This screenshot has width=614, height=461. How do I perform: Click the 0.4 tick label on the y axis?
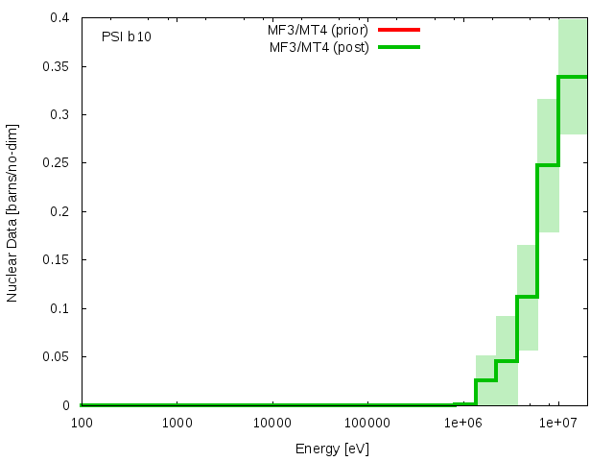[x=60, y=18]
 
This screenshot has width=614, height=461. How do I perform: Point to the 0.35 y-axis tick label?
[x=57, y=66]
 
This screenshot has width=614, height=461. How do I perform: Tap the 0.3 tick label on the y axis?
[x=60, y=115]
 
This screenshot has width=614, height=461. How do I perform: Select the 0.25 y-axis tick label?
[x=57, y=163]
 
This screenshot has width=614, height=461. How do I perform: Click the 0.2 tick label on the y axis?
[x=60, y=211]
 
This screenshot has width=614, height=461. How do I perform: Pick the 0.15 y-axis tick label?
[x=57, y=260]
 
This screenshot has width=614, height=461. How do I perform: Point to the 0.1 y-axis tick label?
[x=60, y=308]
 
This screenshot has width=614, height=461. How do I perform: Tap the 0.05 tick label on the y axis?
[x=57, y=357]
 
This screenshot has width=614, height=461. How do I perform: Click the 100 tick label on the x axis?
[x=81, y=423]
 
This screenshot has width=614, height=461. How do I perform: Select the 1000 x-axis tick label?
[x=177, y=423]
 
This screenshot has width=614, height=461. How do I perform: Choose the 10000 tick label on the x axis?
[x=272, y=423]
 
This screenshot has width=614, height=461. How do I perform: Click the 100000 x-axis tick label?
[x=367, y=423]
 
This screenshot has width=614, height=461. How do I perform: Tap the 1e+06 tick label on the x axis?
[x=462, y=423]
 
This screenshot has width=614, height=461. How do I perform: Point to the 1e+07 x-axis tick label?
[x=558, y=423]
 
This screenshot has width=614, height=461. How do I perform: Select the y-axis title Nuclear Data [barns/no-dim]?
[x=13, y=212]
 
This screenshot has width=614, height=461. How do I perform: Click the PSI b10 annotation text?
[x=126, y=36]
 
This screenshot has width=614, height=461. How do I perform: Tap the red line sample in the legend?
[x=399, y=30]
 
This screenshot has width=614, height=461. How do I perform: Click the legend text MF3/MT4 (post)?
[x=319, y=47]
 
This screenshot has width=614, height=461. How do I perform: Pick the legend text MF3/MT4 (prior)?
[x=319, y=30]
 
